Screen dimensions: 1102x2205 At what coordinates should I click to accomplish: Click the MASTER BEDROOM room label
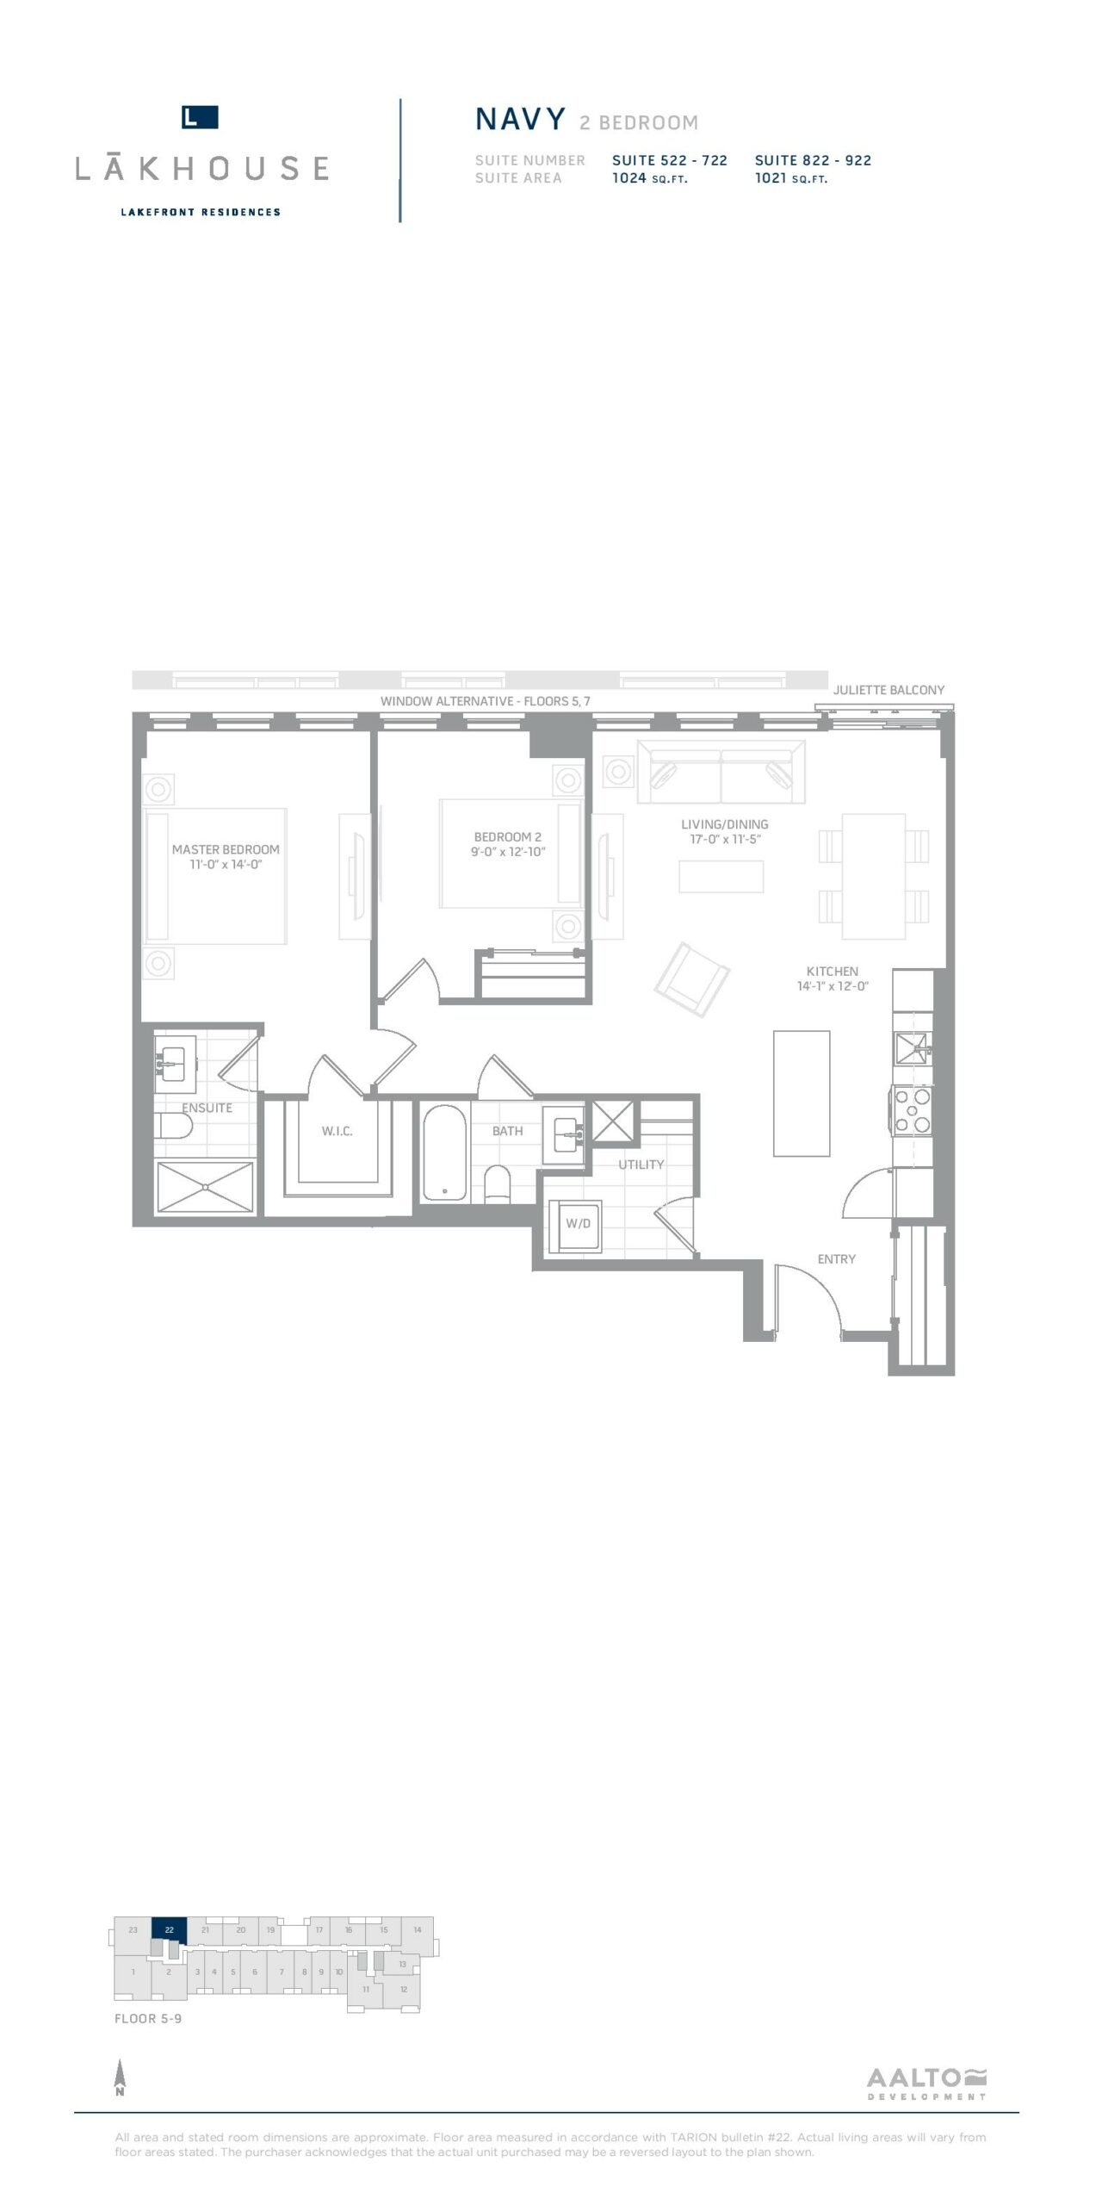226,849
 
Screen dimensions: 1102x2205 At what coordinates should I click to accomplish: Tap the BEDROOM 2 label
508,836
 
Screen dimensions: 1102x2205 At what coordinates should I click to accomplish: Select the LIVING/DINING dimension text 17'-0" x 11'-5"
725,839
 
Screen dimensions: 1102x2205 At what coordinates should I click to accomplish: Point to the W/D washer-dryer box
578,1223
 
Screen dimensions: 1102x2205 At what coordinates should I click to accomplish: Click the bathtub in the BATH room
444,1152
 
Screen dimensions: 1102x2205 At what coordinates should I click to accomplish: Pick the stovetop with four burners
913,1110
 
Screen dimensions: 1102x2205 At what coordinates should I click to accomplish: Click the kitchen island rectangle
802,1093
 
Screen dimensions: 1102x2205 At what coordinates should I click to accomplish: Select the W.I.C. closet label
337,1131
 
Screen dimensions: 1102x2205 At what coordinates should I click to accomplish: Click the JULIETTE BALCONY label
888,690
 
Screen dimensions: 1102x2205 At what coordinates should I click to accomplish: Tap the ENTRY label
837,1258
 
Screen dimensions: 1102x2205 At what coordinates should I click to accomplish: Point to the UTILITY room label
641,1165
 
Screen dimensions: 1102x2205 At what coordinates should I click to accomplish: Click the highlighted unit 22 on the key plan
170,1929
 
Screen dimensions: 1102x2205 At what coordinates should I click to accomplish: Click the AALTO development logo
926,2084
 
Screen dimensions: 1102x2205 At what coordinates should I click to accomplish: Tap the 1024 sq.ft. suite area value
650,178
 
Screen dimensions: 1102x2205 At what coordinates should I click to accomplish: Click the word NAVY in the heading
521,119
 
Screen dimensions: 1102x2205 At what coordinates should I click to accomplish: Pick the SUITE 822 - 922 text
813,160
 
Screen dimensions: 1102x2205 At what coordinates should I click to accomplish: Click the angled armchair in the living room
692,979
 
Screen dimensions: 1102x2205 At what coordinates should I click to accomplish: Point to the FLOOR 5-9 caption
148,2018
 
